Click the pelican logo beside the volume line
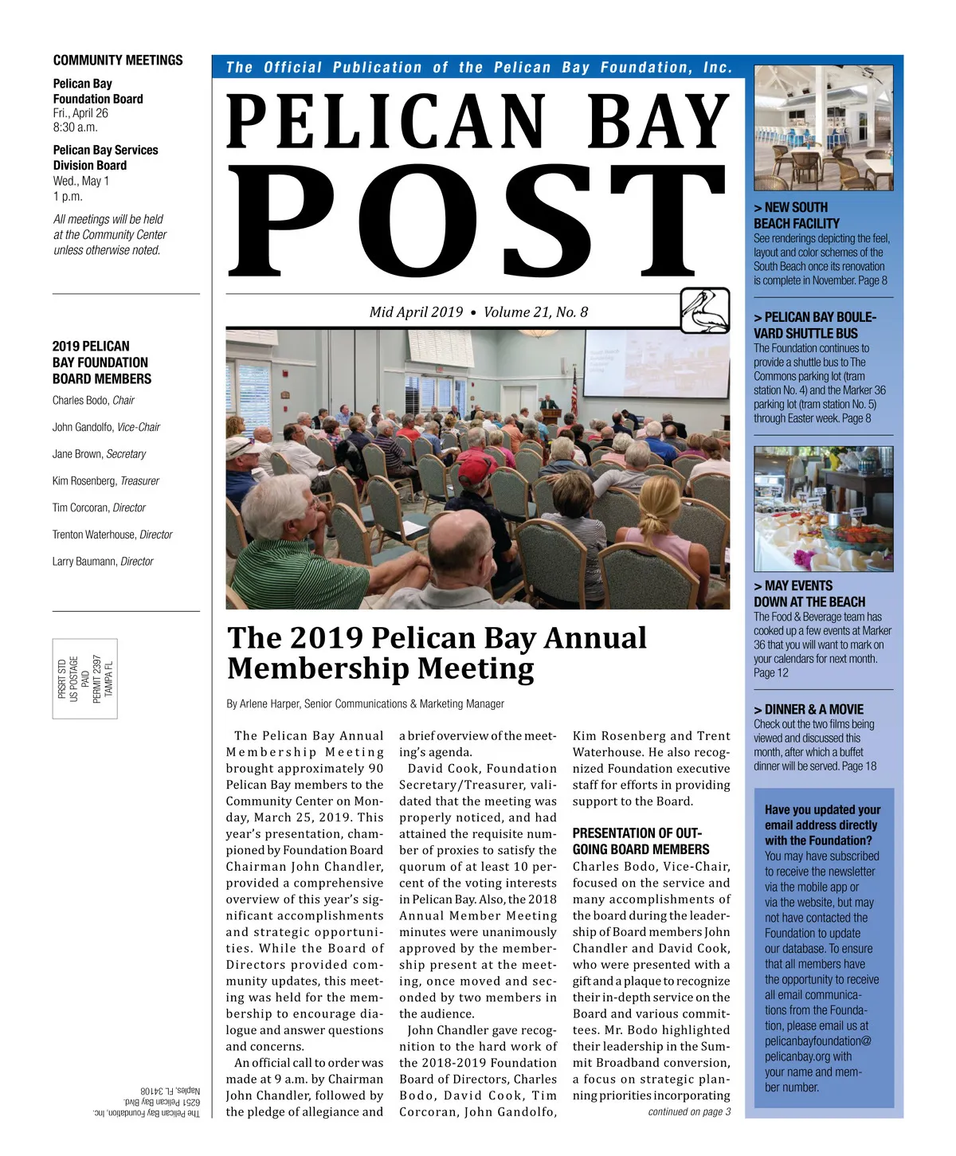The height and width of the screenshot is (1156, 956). pyautogui.click(x=705, y=311)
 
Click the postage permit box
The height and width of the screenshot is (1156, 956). pyautogui.click(x=85, y=678)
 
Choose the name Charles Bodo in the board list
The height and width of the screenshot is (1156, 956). pyautogui.click(x=80, y=400)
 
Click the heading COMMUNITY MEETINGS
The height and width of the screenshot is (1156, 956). pyautogui.click(x=118, y=61)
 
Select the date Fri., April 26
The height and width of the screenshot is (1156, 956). pyautogui.click(x=80, y=113)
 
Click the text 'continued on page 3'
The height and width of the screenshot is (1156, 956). pyautogui.click(x=689, y=1111)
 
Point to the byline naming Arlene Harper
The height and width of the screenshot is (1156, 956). pyautogui.click(x=366, y=703)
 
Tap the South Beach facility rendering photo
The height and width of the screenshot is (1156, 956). pyautogui.click(x=823, y=127)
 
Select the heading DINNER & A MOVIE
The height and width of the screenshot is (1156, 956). pyautogui.click(x=809, y=709)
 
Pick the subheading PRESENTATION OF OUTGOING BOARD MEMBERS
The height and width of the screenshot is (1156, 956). pyautogui.click(x=641, y=841)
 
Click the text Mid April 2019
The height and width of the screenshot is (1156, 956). pyautogui.click(x=416, y=312)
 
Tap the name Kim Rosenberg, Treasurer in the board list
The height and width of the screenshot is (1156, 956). pyautogui.click(x=106, y=480)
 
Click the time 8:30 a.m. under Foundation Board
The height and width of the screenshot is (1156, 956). pyautogui.click(x=76, y=127)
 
